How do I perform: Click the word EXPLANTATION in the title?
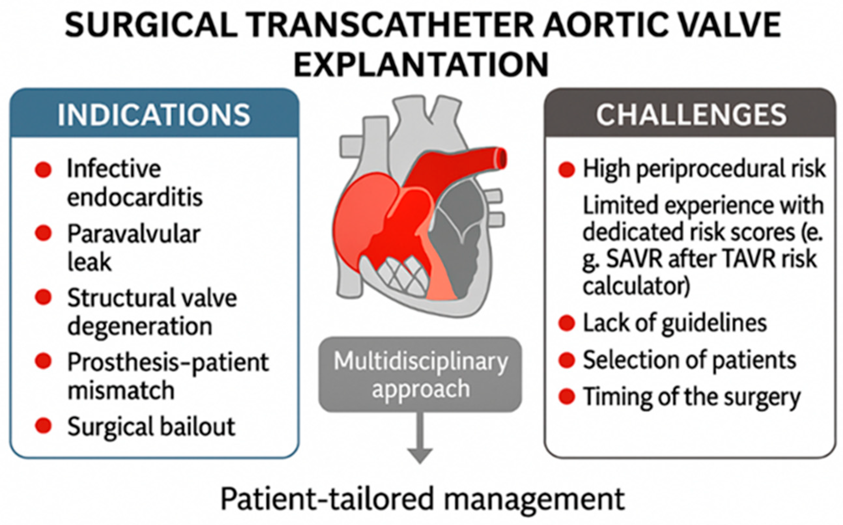[x=421, y=64]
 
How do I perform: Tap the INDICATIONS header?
[x=154, y=115]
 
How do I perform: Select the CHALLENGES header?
[x=691, y=115]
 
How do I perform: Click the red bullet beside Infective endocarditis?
[x=43, y=170]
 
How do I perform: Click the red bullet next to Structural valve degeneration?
[x=43, y=297]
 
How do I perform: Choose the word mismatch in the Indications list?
[x=121, y=391]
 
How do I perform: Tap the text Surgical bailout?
[x=151, y=426]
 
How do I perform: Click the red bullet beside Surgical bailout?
[x=43, y=426]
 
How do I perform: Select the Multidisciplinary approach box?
[x=420, y=374]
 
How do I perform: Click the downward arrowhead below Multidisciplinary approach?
[x=420, y=455]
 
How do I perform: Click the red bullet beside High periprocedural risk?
[x=567, y=170]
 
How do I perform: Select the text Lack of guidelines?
[x=675, y=324]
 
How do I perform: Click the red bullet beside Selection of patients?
[x=567, y=360]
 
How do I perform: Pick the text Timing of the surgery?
[x=691, y=397]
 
